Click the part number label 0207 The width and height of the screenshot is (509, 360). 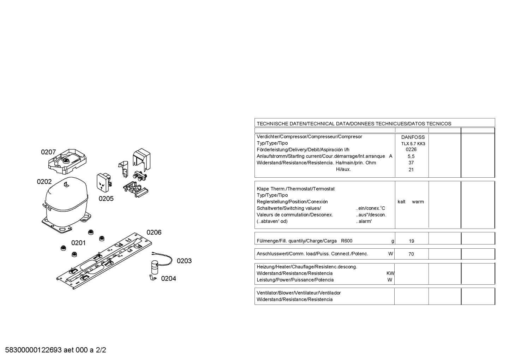[x=48, y=152]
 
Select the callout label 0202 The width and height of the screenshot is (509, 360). [x=44, y=182]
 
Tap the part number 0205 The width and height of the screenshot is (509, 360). [x=106, y=199]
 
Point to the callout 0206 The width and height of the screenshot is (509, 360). [x=154, y=232]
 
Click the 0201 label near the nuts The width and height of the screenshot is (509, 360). [x=78, y=243]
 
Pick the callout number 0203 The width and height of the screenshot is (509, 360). [x=184, y=261]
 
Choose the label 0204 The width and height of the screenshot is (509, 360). [x=168, y=279]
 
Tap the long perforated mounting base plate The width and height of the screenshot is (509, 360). [x=104, y=261]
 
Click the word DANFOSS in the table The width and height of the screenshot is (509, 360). [x=413, y=137]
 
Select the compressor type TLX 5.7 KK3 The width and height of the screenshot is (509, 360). [x=413, y=144]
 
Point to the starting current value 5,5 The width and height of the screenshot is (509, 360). [x=411, y=157]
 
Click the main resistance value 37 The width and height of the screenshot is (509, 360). [x=411, y=163]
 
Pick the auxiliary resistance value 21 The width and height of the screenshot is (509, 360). [x=411, y=170]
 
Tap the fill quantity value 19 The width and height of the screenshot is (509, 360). [x=411, y=241]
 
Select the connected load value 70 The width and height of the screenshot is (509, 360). [x=411, y=254]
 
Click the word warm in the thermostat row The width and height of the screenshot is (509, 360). [x=418, y=202]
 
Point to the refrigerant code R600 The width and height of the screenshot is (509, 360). [x=347, y=241]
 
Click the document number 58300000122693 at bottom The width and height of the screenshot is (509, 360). [x=34, y=350]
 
